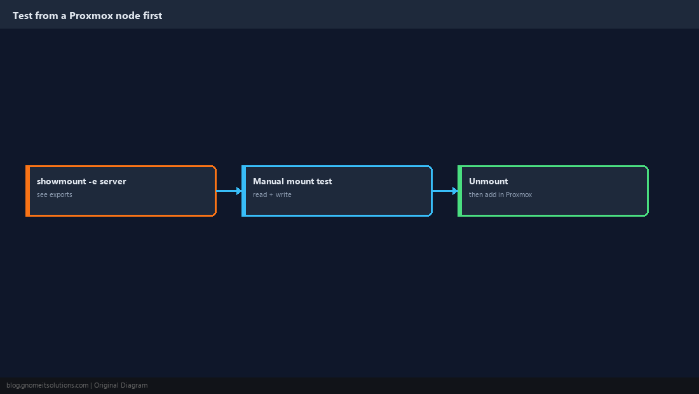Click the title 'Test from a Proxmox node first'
click(x=88, y=16)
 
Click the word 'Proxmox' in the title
click(x=91, y=16)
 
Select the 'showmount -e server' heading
click(x=81, y=181)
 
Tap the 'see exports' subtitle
click(x=55, y=194)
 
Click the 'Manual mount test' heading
click(x=292, y=181)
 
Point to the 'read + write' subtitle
click(x=272, y=194)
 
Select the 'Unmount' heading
click(x=488, y=181)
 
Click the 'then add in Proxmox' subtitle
click(x=500, y=194)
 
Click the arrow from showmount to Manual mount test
click(x=229, y=191)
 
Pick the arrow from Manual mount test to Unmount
click(x=445, y=191)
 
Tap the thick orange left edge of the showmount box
click(x=27, y=191)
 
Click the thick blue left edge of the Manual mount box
click(x=244, y=191)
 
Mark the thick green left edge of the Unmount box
click(x=460, y=191)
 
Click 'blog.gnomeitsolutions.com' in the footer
click(x=47, y=386)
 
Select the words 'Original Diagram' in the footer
click(x=121, y=386)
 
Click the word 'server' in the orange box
click(x=112, y=181)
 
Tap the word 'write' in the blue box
click(x=283, y=194)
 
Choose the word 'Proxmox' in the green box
click(x=519, y=194)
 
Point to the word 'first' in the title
click(x=153, y=16)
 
